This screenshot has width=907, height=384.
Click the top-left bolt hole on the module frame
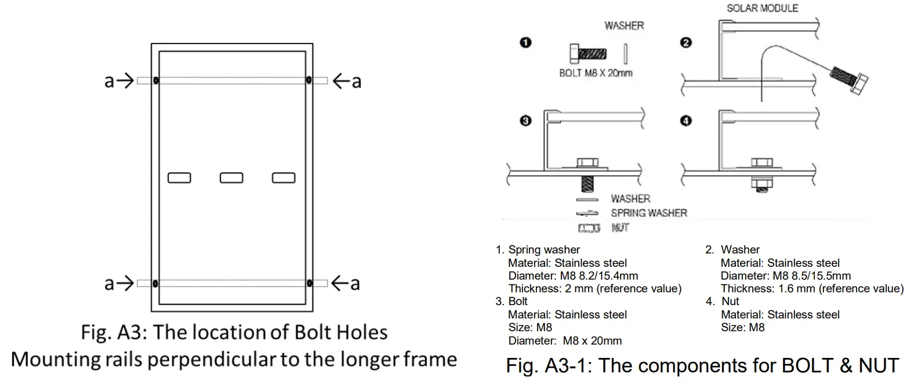[x=156, y=80]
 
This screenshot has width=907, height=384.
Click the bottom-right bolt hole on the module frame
[x=309, y=283]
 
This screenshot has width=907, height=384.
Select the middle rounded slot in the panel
[x=231, y=177]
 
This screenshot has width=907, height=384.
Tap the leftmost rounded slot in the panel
[x=179, y=177]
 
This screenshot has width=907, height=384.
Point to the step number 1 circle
[x=526, y=42]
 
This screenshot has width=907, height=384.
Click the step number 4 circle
[x=687, y=121]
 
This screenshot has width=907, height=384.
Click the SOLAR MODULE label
[x=762, y=8]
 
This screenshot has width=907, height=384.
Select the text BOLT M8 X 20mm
[x=596, y=73]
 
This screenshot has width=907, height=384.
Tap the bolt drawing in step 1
[x=588, y=54]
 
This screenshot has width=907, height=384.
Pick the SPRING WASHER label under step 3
[x=648, y=213]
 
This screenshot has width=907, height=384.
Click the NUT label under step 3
[x=620, y=228]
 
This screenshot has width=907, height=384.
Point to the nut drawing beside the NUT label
[x=589, y=229]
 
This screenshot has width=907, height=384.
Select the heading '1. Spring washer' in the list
[x=538, y=250]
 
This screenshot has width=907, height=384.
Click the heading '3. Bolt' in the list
[x=511, y=302]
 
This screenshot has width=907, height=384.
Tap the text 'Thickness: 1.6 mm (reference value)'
[x=812, y=288]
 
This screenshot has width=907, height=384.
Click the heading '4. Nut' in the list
[x=723, y=302]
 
